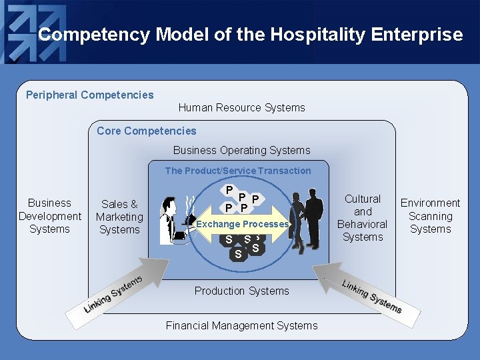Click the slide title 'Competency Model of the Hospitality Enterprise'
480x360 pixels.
pyautogui.click(x=250, y=35)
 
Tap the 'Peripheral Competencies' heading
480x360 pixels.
pyautogui.click(x=89, y=95)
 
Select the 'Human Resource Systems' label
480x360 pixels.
pyautogui.click(x=241, y=107)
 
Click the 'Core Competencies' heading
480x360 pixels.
pyautogui.click(x=146, y=131)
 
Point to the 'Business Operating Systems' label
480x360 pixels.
pyautogui.click(x=241, y=150)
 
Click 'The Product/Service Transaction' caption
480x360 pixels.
pyautogui.click(x=238, y=171)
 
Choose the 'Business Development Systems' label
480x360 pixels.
pyautogui.click(x=49, y=216)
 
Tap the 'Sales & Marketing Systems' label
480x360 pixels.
pyautogui.click(x=119, y=217)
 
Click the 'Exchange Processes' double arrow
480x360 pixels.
pyautogui.click(x=242, y=225)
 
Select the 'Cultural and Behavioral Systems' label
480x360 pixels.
pyautogui.click(x=362, y=218)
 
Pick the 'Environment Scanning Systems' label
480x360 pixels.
pyautogui.click(x=430, y=216)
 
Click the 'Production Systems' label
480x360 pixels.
pyautogui.click(x=241, y=291)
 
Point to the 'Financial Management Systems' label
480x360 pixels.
pyautogui.click(x=241, y=325)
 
